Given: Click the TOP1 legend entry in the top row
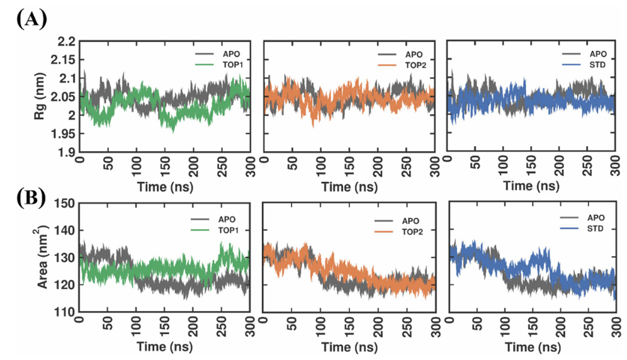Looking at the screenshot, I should (x=221, y=65).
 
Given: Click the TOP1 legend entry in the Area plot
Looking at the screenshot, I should (x=221, y=230).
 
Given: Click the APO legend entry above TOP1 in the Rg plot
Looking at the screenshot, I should (x=221, y=53).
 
